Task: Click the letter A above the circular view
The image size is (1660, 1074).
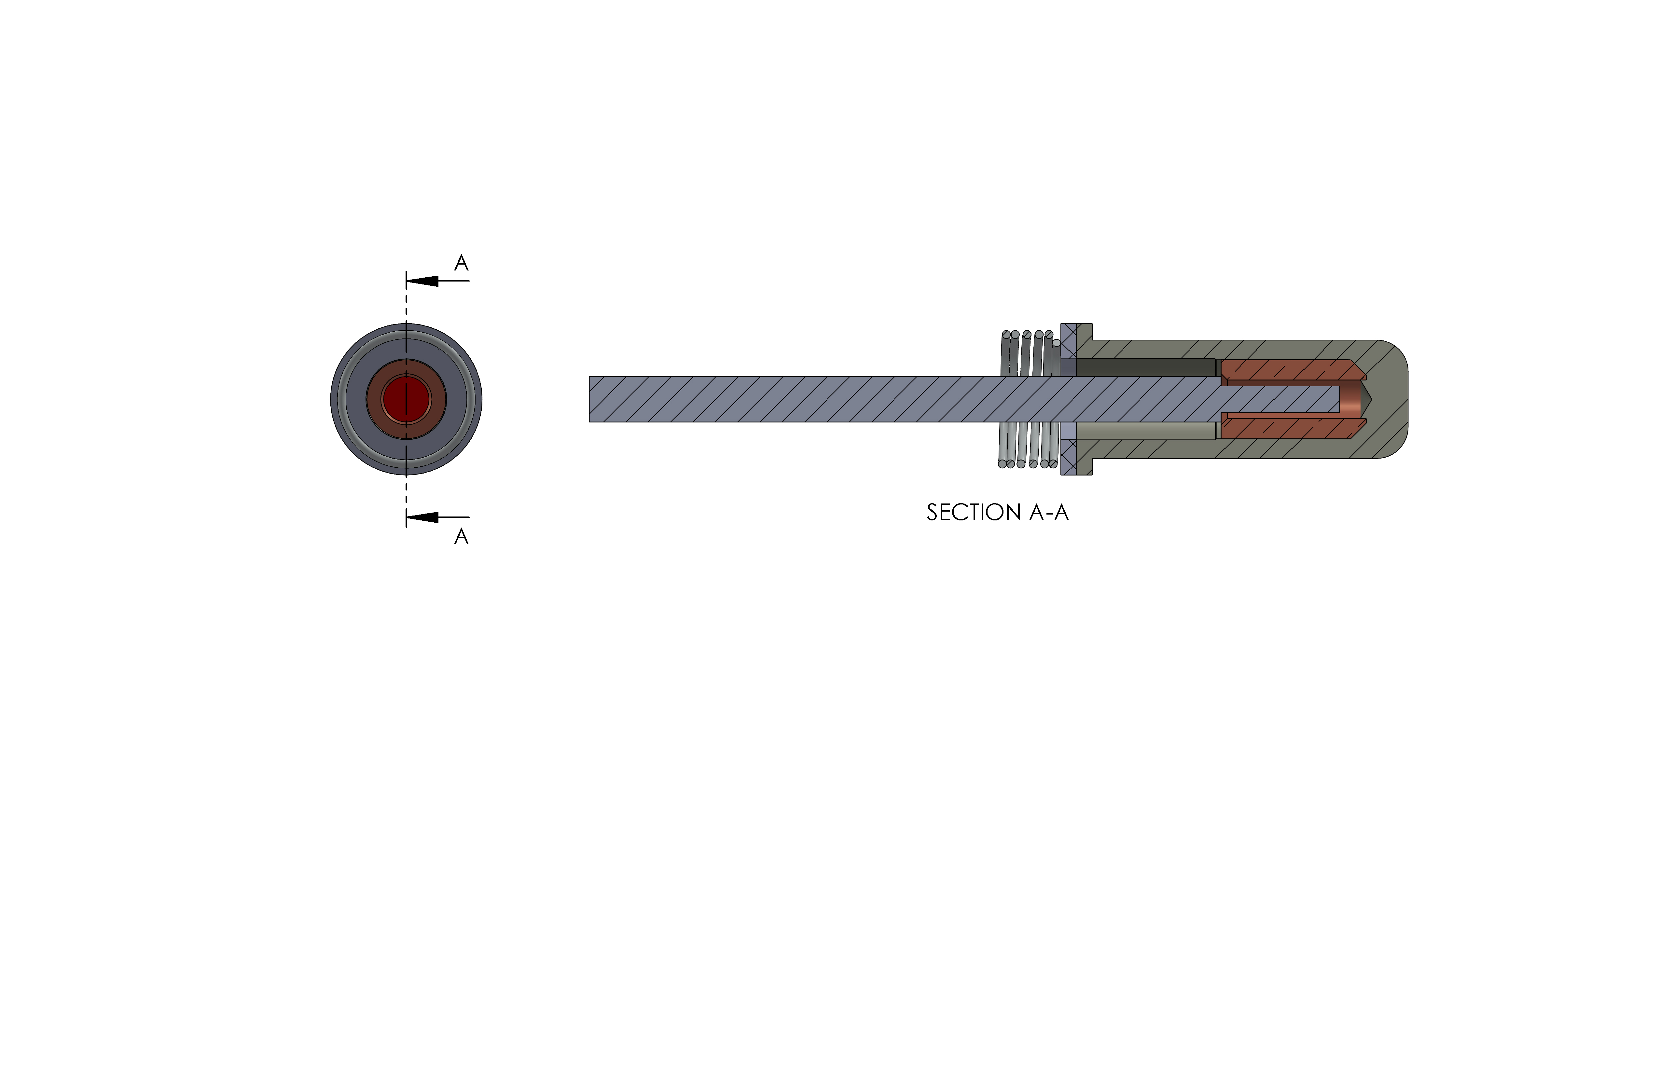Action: [x=461, y=263]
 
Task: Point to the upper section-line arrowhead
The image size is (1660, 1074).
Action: [x=422, y=281]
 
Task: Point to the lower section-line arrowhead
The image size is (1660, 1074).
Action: [x=422, y=517]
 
